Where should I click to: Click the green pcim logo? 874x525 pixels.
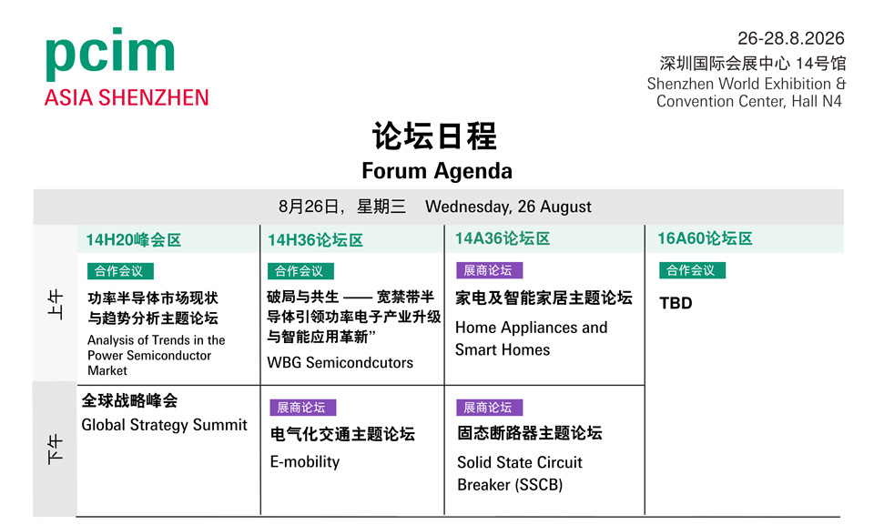[x=110, y=54]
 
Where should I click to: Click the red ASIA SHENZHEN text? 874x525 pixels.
[x=127, y=97]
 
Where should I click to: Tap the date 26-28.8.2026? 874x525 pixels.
[x=791, y=38]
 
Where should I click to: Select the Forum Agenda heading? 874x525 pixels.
[x=437, y=170]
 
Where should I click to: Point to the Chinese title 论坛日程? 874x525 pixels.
[x=434, y=136]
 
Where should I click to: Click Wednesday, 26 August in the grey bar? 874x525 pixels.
[x=508, y=207]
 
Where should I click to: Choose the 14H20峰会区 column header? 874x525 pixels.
[x=134, y=240]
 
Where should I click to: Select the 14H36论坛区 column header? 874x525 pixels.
[x=316, y=240]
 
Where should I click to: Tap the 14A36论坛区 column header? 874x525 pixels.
[x=503, y=238]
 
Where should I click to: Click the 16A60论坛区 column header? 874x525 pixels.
[x=705, y=238]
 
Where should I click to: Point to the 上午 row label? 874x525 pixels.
[x=56, y=304]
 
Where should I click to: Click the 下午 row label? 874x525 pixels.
[x=56, y=449]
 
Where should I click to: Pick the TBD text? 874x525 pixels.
[x=676, y=303]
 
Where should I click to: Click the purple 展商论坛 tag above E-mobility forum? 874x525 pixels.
[x=303, y=408]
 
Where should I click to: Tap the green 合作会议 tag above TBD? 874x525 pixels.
[x=692, y=270]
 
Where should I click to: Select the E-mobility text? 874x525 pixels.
[x=305, y=461]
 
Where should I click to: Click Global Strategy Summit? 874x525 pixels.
[x=165, y=425]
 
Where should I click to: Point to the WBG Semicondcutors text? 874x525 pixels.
[x=340, y=363]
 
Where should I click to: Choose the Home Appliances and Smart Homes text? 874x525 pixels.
[x=531, y=338]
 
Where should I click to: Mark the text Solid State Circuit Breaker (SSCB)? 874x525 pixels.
[x=520, y=474]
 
